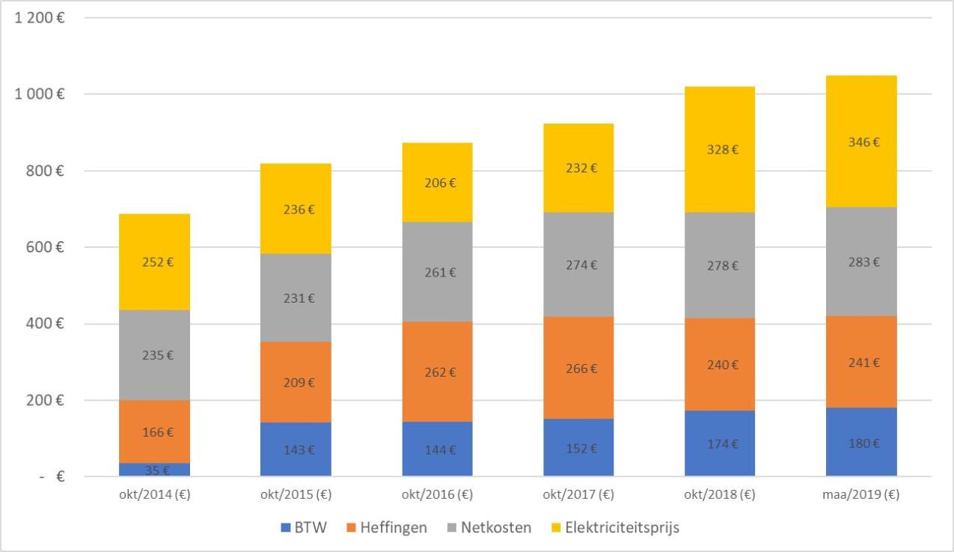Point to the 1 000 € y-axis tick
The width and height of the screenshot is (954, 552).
point(39,94)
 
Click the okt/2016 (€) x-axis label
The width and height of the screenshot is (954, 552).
point(437,495)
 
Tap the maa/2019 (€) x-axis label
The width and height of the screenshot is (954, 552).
point(861,495)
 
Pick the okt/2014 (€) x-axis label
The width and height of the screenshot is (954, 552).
point(154,495)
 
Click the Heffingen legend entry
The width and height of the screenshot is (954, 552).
point(394,527)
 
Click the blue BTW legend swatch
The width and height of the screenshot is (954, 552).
point(285,528)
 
